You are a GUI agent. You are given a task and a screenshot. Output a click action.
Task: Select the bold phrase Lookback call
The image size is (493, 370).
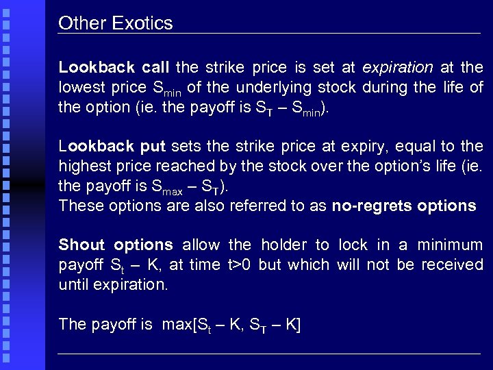point(114,68)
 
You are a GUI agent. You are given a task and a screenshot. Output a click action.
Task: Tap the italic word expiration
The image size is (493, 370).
point(397,68)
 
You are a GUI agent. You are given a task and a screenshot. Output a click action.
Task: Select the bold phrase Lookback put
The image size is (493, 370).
point(112,147)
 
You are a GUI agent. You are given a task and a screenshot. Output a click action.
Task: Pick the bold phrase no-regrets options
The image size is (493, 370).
point(403,206)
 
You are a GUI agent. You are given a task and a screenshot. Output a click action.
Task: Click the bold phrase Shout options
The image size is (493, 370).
point(115,245)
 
